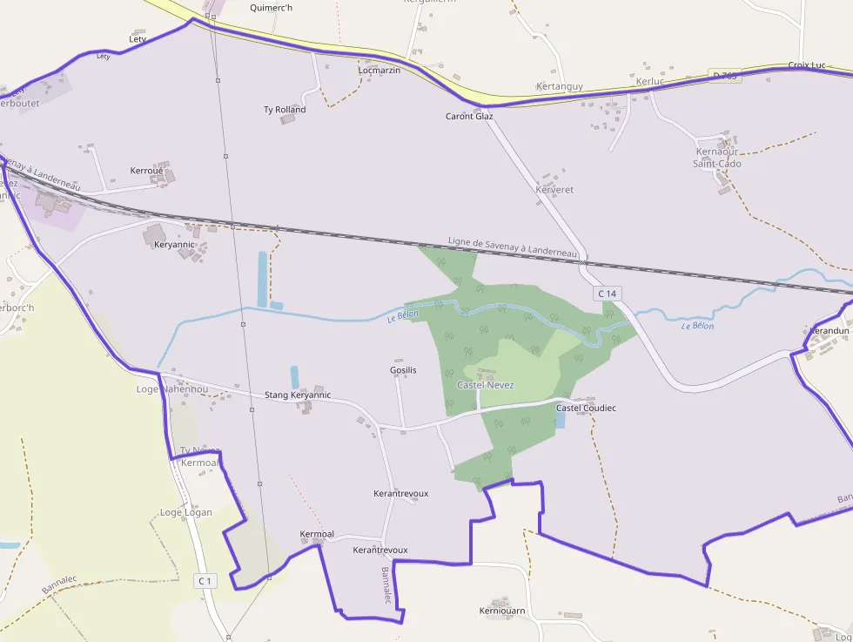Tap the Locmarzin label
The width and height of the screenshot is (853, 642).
379,70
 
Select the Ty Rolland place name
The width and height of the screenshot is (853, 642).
285,110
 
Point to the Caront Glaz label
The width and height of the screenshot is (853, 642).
469,116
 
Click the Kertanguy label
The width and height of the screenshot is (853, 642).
560,86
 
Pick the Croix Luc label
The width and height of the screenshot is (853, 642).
806,65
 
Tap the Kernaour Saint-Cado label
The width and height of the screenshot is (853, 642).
717,158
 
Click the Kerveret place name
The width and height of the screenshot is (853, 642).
554,189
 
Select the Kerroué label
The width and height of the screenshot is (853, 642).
146,171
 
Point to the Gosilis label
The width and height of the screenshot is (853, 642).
403,370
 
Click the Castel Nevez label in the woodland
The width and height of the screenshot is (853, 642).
486,385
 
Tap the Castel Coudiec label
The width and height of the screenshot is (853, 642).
586,408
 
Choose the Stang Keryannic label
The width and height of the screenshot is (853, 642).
298,395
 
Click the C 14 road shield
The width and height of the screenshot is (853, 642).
607,294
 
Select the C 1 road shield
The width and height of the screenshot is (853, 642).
205,580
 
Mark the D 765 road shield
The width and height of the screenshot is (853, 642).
724,76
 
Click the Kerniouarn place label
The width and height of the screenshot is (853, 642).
502,611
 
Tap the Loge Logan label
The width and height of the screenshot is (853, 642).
185,512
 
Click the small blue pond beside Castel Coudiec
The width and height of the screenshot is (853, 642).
559,420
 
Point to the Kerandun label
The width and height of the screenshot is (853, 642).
829,332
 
